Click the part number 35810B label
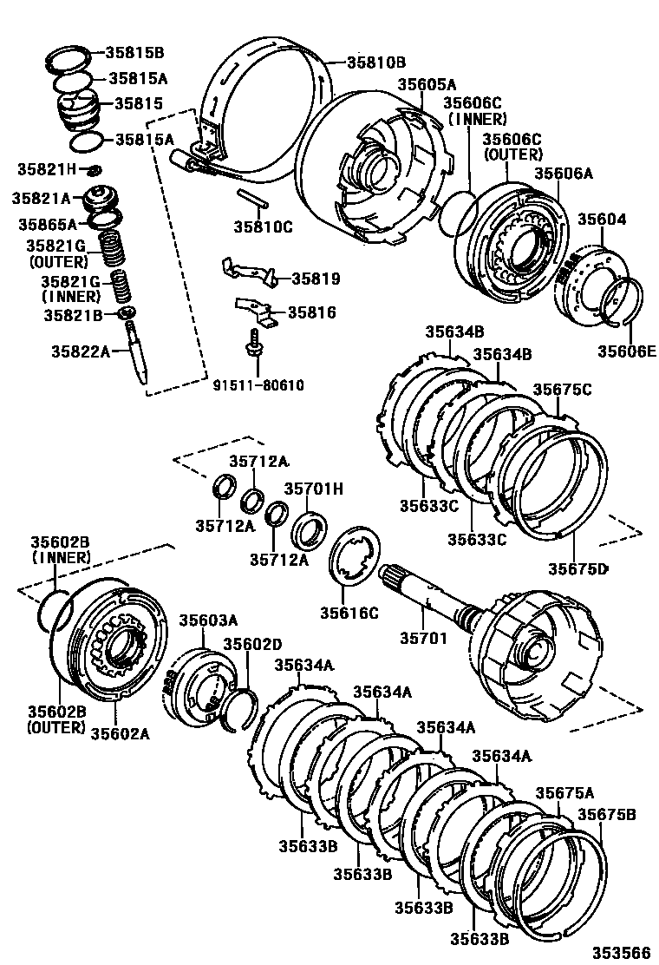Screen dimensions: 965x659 pyautogui.click(x=375, y=62)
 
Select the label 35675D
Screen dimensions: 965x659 pyautogui.click(x=577, y=568)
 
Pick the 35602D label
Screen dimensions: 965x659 pyautogui.click(x=252, y=644)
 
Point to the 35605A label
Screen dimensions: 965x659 pyautogui.click(x=427, y=84)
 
